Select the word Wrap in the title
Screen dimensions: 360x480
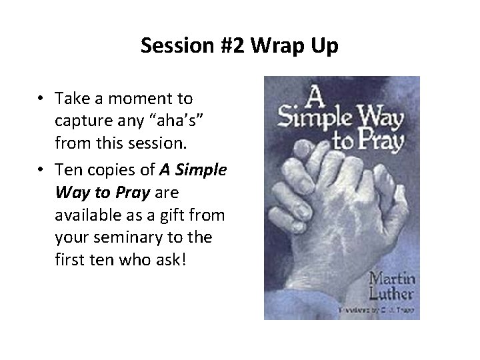coord(270,46)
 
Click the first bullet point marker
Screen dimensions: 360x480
coord(41,99)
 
